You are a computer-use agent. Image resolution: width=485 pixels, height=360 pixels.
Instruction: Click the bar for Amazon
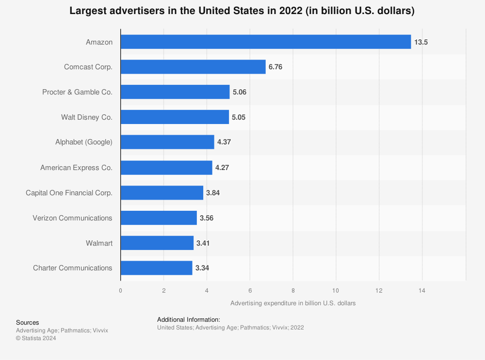[266, 42]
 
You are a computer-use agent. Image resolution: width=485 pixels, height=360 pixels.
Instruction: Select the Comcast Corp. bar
[193, 67]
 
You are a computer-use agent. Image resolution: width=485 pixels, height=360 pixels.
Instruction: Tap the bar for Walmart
[157, 243]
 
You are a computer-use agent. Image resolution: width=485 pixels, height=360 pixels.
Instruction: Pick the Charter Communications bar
[156, 268]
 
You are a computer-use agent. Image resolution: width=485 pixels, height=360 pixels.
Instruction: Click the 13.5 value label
[421, 42]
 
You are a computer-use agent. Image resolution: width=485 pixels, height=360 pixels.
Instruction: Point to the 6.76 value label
[275, 67]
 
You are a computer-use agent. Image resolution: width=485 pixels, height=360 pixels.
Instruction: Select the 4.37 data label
[224, 142]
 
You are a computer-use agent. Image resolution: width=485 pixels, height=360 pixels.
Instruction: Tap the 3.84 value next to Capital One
[213, 193]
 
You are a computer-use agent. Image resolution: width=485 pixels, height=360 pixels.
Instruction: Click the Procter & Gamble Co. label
[77, 92]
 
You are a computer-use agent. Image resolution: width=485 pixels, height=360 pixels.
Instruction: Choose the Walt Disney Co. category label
[87, 117]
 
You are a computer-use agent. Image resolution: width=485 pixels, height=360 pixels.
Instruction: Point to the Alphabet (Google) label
[84, 142]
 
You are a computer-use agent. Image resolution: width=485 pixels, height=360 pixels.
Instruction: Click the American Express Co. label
[76, 168]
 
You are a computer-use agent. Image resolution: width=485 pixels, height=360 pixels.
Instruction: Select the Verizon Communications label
[72, 218]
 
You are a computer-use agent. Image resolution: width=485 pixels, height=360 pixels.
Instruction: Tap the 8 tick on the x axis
[293, 291]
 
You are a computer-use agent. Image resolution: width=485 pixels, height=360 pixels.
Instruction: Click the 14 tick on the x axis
[422, 291]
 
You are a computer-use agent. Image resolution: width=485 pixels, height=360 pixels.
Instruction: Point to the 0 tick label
[121, 291]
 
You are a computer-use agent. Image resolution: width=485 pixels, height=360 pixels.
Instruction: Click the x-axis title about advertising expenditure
[293, 303]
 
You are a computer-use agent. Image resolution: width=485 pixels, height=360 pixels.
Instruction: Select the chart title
[242, 11]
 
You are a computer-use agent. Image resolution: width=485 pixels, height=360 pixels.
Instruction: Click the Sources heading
[28, 322]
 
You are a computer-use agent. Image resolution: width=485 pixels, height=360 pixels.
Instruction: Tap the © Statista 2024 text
[36, 338]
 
